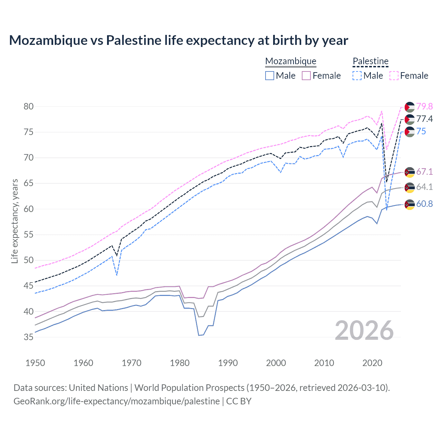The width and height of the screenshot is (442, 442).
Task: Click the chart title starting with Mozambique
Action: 179,40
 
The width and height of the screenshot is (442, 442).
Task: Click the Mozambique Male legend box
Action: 270,76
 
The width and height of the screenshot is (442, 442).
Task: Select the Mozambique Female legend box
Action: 306,76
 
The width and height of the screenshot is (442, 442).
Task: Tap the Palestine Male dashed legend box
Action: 357,76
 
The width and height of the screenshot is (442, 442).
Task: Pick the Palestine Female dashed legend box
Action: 394,76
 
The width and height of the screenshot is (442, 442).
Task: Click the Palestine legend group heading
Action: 371,61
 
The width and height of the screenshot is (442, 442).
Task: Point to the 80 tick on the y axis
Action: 29,106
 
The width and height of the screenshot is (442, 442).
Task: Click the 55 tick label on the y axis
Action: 29,235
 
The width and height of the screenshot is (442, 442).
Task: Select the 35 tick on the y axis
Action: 29,337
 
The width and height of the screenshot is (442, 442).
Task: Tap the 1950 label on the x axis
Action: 35,363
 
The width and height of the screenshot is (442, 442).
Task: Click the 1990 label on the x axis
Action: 228,363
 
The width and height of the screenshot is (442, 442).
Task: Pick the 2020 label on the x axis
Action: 372,363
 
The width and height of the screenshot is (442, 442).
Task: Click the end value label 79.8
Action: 424,106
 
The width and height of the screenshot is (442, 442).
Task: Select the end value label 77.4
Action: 424,119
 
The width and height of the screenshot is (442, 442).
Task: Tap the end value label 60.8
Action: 424,204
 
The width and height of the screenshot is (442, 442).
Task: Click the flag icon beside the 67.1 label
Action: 410,172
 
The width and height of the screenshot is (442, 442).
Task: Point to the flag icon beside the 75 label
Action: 410,132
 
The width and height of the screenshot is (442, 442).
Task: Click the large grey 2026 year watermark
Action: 364,330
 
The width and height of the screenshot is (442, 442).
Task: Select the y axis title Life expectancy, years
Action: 15,221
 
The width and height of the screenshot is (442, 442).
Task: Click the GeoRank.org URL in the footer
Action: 116,401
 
